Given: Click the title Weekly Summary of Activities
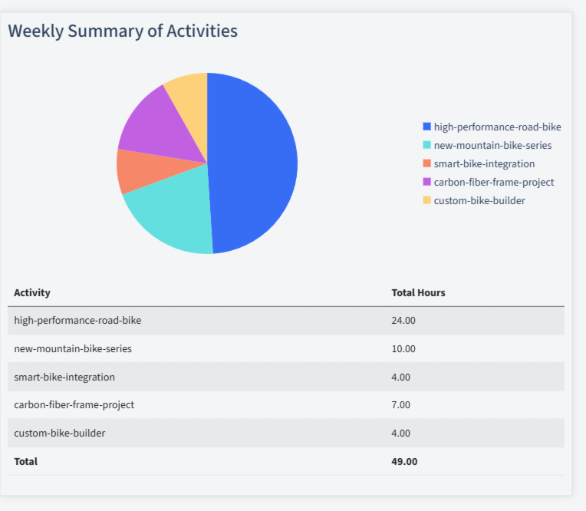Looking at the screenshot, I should [123, 31].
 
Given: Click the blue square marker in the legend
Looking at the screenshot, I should [426, 127].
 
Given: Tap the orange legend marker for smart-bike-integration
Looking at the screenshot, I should [426, 163].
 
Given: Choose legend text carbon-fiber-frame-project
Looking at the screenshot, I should [493, 182].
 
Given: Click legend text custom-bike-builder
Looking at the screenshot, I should [479, 200].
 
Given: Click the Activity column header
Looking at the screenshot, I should [32, 292].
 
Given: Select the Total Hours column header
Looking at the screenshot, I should [418, 292].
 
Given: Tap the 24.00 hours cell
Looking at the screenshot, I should [403, 320].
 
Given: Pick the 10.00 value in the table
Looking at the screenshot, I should [403, 348].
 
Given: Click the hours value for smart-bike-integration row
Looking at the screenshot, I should [401, 377].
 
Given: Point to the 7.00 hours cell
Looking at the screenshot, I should [401, 404].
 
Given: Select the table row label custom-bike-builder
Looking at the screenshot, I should [60, 433].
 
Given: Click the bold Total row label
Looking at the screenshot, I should [25, 461].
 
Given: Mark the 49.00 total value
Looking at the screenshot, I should [404, 461].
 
